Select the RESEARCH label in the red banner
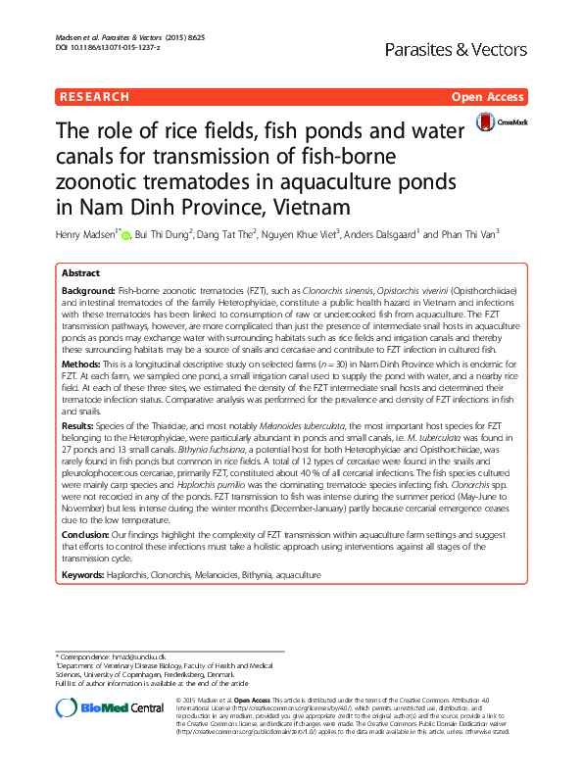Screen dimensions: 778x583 point(94,97)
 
